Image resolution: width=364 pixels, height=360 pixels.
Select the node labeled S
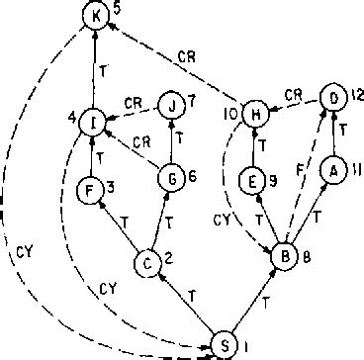226,345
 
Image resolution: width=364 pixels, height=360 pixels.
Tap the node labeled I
94,123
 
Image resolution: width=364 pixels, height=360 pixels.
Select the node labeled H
256,118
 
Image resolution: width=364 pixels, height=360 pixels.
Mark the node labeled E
253,180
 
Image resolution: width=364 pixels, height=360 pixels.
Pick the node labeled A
334,170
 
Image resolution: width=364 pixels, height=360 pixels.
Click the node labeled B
281,256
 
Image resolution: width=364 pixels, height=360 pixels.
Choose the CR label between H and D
293,94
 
